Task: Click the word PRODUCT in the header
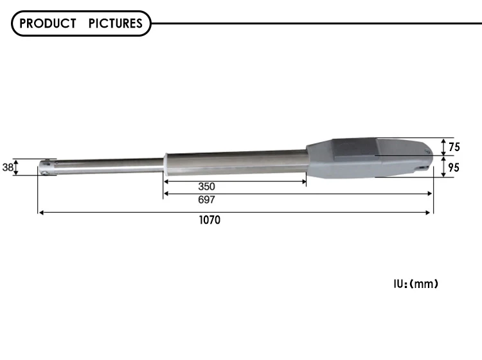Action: pyautogui.click(x=48, y=23)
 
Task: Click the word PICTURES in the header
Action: pyautogui.click(x=116, y=23)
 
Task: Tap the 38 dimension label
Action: pyautogui.click(x=8, y=167)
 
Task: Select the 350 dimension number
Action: pyautogui.click(x=206, y=186)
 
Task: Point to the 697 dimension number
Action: pyautogui.click(x=206, y=200)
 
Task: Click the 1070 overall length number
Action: pyautogui.click(x=210, y=220)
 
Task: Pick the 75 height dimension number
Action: pyautogui.click(x=454, y=147)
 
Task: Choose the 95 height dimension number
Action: pyautogui.click(x=454, y=168)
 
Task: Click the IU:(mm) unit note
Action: pyautogui.click(x=416, y=283)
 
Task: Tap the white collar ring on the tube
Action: pyautogui.click(x=166, y=165)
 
